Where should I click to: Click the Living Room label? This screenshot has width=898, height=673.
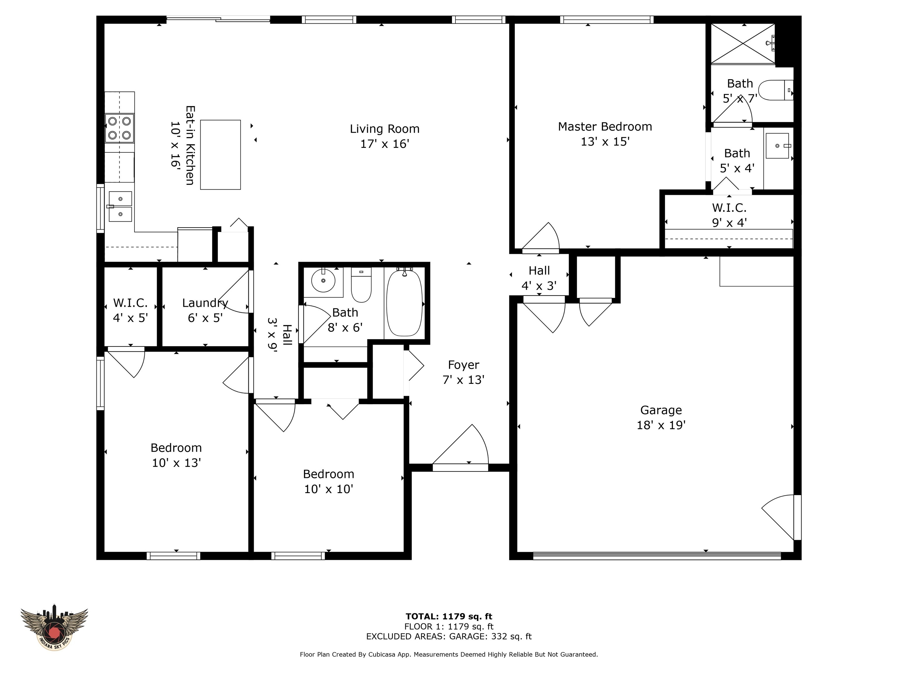coord(384,129)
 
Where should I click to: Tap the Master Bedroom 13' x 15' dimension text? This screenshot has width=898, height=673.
coord(605,142)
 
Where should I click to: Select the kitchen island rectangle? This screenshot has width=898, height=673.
coord(220,155)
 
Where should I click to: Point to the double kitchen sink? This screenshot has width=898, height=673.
coord(120,207)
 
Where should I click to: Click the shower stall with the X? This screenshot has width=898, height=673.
coord(743,44)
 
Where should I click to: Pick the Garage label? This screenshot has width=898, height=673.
coord(661,410)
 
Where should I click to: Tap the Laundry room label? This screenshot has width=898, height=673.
coord(205,303)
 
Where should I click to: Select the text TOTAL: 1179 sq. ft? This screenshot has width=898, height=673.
coord(449,617)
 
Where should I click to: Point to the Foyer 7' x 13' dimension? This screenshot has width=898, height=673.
coord(464,380)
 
